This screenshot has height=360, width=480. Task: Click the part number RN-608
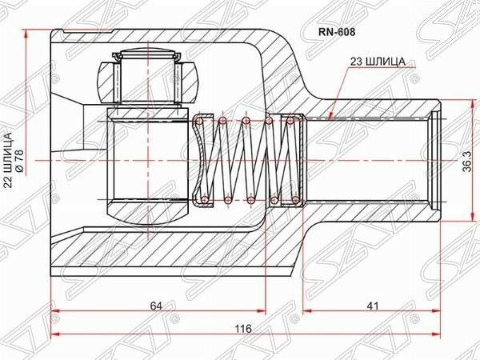(x=337, y=32)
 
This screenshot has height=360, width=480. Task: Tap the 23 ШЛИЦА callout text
(x=378, y=62)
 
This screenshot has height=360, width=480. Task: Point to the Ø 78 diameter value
(x=19, y=160)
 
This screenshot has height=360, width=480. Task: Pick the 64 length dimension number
(x=156, y=306)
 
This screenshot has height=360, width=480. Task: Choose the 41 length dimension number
(x=372, y=306)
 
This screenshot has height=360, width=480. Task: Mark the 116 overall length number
(x=243, y=329)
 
